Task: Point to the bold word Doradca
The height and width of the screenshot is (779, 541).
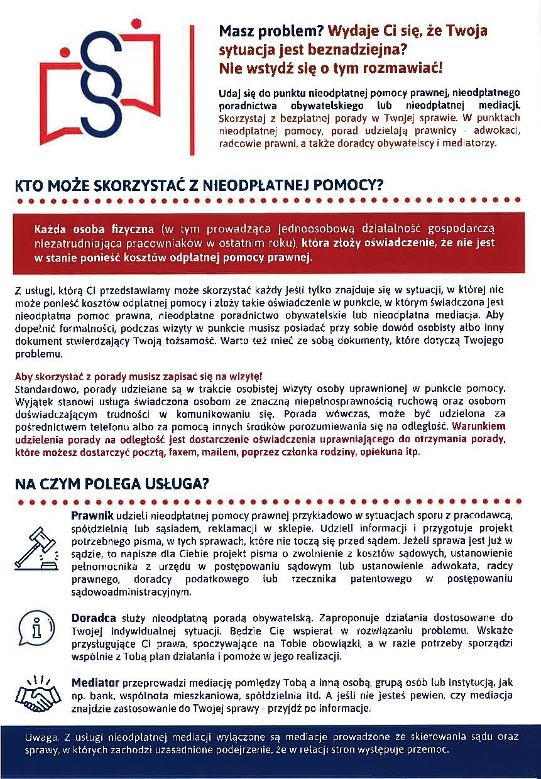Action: coord(93,618)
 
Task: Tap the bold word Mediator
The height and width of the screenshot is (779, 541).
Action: coord(96,683)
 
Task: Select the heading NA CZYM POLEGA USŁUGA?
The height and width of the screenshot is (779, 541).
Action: coord(112,484)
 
